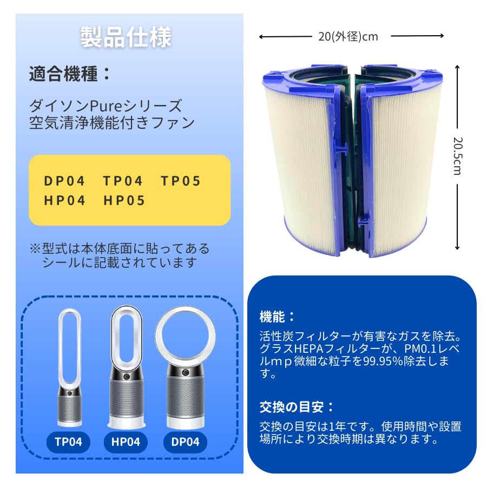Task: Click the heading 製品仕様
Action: click(x=126, y=37)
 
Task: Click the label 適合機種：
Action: click(x=70, y=74)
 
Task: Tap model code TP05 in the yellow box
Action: click(x=181, y=181)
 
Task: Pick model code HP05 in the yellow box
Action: click(x=124, y=201)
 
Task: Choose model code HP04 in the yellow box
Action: click(x=65, y=201)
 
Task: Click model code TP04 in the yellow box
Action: click(x=123, y=181)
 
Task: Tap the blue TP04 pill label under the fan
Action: click(x=68, y=442)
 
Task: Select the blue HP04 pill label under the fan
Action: click(x=126, y=442)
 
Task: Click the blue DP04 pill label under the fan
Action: click(x=185, y=442)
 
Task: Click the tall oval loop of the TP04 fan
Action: click(x=69, y=346)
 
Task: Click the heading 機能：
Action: click(x=278, y=316)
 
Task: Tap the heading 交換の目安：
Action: click(x=297, y=406)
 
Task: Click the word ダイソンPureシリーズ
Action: click(x=106, y=106)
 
